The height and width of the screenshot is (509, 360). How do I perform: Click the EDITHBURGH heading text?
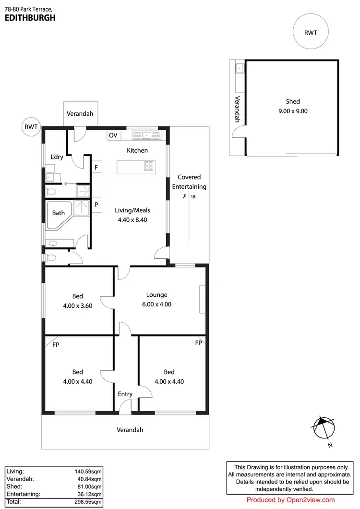(x=30, y=18)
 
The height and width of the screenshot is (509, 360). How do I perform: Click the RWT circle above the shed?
(x=310, y=33)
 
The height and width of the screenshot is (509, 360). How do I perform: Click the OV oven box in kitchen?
(x=113, y=135)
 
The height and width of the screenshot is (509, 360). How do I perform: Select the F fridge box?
(x=96, y=168)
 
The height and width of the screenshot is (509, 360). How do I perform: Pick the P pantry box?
(x=96, y=204)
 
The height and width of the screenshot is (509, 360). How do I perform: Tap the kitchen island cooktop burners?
(x=149, y=167)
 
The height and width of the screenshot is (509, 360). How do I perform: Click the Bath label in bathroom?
(x=59, y=213)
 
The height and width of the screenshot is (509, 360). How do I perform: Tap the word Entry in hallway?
(x=125, y=394)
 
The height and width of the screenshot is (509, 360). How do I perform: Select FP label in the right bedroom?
(x=198, y=344)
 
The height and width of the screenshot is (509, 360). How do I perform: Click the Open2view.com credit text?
(x=290, y=500)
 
